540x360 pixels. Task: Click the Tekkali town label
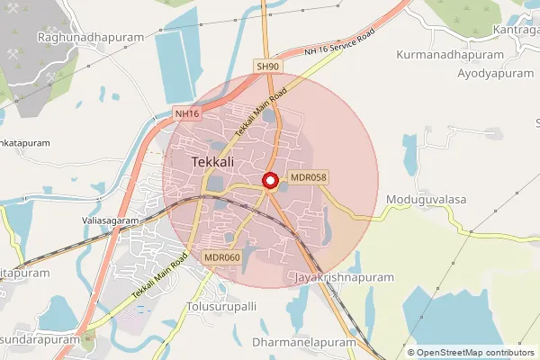click(x=214, y=162)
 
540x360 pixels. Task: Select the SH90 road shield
click(x=268, y=67)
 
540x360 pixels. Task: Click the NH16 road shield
click(x=186, y=114)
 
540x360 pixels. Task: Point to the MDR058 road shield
click(x=307, y=177)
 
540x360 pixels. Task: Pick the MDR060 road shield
click(x=221, y=257)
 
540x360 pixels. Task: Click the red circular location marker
click(x=270, y=181)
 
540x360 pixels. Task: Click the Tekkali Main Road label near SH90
click(x=260, y=112)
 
